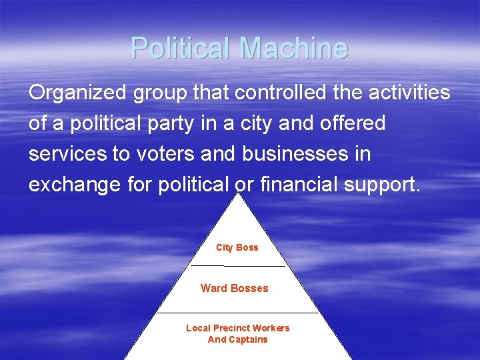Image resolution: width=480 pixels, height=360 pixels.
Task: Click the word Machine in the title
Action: [293, 48]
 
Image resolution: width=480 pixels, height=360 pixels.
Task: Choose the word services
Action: [67, 154]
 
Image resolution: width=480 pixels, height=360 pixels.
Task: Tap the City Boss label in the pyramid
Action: [237, 247]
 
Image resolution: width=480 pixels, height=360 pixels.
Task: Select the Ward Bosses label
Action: [235, 288]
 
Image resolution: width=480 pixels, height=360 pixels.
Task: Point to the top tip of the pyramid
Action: [239, 195]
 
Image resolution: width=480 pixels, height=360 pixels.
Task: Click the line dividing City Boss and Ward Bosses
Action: [237, 266]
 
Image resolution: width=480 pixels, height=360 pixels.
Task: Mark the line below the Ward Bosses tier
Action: [237, 312]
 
